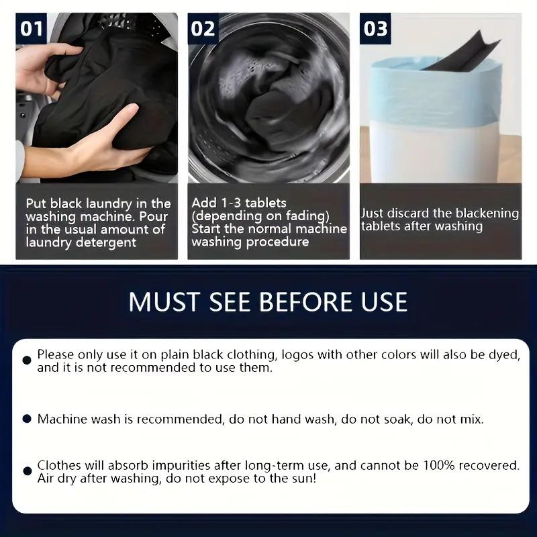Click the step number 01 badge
coord(32,29)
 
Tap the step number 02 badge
coord(203,29)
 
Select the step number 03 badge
coord(375,29)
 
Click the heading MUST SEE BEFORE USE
coord(268,301)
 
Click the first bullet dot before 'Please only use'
coord(27,360)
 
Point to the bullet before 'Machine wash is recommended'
coord(27,419)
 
